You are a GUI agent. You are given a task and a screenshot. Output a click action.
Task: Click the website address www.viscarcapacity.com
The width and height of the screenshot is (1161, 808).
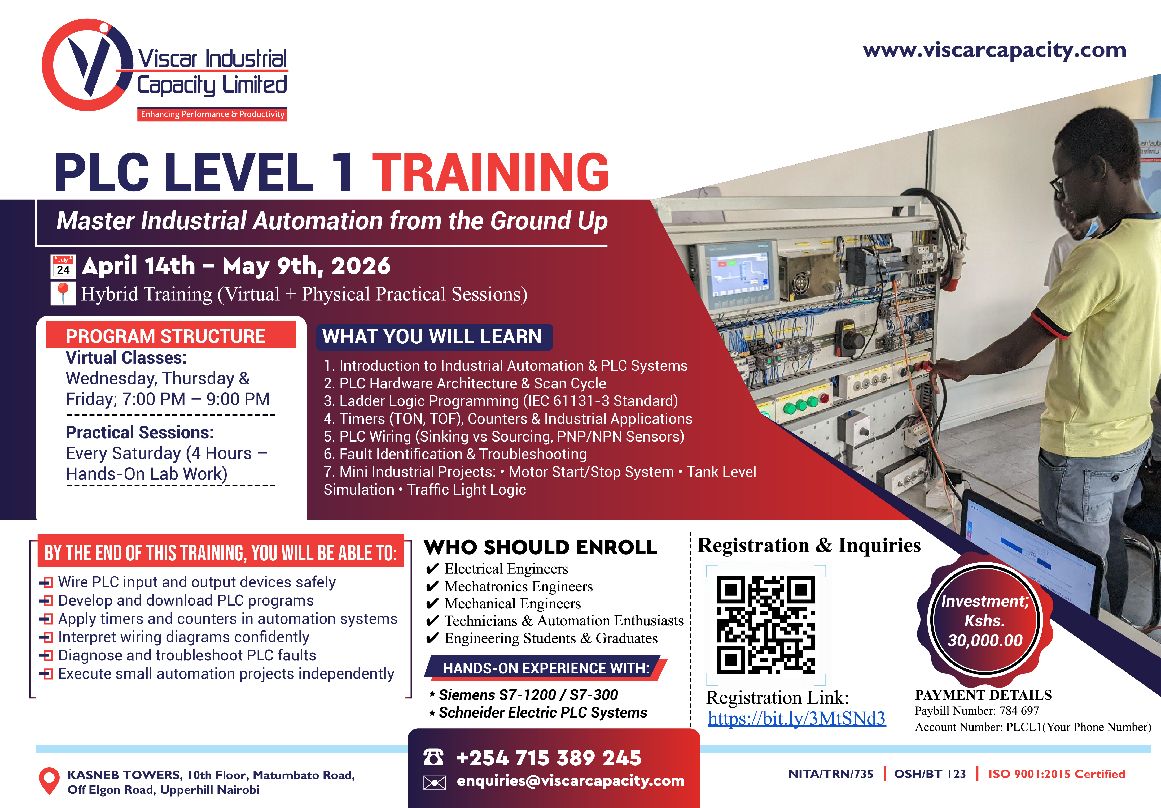pos(994,51)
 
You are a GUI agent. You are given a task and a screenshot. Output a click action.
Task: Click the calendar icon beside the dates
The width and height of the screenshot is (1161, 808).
pos(63,266)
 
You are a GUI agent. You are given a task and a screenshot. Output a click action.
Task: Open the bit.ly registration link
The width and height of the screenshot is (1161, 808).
pos(796,719)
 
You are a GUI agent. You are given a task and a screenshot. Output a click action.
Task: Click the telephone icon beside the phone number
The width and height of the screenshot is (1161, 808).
pos(433,757)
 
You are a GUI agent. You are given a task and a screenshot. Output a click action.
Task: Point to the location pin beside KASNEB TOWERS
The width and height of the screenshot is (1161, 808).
pos(49,781)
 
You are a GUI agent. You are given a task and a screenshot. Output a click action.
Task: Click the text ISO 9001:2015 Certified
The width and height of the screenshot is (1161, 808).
pos(1056,774)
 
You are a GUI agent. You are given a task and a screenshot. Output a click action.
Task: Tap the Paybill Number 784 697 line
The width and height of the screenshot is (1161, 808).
pos(976,711)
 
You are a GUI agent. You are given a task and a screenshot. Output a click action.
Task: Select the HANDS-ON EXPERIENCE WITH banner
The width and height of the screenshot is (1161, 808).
pos(546,668)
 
